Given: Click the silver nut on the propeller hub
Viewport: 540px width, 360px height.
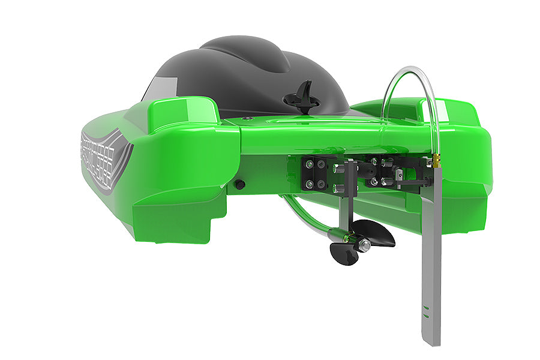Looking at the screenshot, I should [364, 245].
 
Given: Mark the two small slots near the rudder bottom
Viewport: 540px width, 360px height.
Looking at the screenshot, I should [426, 312].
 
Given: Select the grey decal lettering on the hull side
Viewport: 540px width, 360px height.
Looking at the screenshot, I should [102, 156].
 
